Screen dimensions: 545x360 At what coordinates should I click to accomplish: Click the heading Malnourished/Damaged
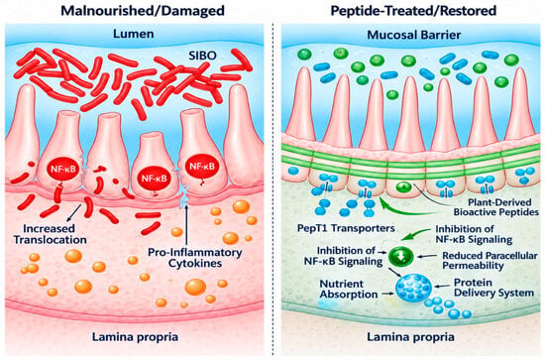coord(143,11)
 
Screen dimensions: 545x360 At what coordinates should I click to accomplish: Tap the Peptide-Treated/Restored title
coord(413,11)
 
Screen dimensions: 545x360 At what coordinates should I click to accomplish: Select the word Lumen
coord(134,34)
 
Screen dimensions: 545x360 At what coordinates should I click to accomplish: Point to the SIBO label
coord(202,56)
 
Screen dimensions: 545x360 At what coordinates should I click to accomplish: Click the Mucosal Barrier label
coord(414,35)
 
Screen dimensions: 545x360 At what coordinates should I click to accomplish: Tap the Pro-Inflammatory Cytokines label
coord(195,258)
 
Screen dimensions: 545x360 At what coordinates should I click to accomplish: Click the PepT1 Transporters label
coord(346,228)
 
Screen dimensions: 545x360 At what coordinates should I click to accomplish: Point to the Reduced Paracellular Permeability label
coord(490,261)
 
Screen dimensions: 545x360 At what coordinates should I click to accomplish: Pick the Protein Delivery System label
coord(493,288)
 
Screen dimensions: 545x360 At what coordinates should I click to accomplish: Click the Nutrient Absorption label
coord(349,289)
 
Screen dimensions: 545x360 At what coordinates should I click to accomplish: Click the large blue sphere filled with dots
coord(413,288)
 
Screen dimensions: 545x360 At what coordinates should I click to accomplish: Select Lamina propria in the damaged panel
coord(135,337)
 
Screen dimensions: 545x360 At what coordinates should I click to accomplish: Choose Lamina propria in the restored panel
coord(410,337)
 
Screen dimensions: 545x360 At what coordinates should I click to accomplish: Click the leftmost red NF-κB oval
coord(62,170)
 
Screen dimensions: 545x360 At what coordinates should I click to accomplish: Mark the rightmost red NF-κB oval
coord(202,167)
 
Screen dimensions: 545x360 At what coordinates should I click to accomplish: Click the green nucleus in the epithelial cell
coord(403,187)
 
